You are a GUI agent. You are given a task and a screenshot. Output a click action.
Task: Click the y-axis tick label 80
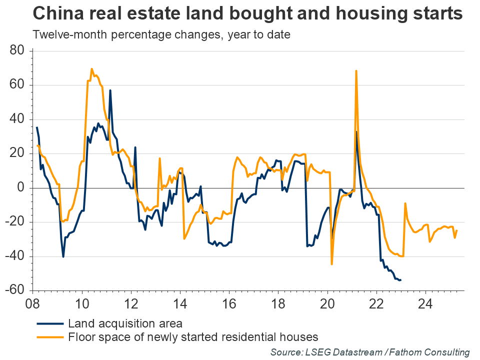(19, 51)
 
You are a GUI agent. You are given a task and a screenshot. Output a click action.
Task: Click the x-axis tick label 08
(33, 304)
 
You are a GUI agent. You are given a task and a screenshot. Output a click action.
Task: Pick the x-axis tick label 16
(229, 304)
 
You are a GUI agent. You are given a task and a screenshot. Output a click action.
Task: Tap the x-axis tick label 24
(425, 304)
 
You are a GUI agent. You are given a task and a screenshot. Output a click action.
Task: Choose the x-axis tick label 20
(327, 304)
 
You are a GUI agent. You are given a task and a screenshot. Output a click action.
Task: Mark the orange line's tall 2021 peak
(356, 71)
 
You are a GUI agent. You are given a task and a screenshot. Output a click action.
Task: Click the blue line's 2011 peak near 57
(110, 90)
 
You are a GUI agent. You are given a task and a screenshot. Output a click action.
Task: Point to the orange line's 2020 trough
(331, 264)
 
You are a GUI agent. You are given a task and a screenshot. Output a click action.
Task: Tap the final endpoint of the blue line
(400, 280)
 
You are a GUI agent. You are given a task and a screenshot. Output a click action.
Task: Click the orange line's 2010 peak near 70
(91, 69)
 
